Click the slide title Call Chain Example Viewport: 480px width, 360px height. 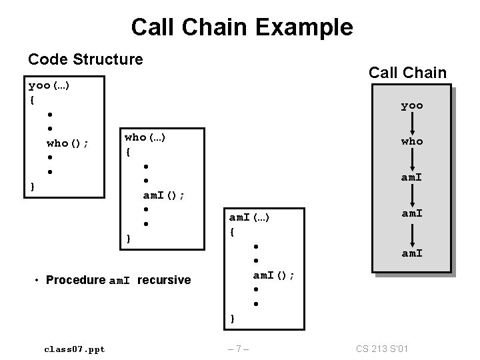(242, 27)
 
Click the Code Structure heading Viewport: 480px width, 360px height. (85, 59)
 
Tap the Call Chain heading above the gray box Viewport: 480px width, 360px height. (407, 73)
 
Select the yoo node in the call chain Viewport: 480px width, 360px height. (411, 105)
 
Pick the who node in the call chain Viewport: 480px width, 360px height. (411, 141)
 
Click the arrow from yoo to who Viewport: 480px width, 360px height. (412, 123)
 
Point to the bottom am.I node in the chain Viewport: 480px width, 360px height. (411, 253)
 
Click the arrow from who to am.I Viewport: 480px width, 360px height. (412, 159)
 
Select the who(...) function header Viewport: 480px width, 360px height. (145, 137)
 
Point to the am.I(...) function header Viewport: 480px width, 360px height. (257, 217)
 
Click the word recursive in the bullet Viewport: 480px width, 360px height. (164, 280)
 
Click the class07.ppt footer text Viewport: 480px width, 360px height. (74, 349)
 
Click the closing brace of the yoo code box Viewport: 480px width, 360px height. (33, 186)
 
